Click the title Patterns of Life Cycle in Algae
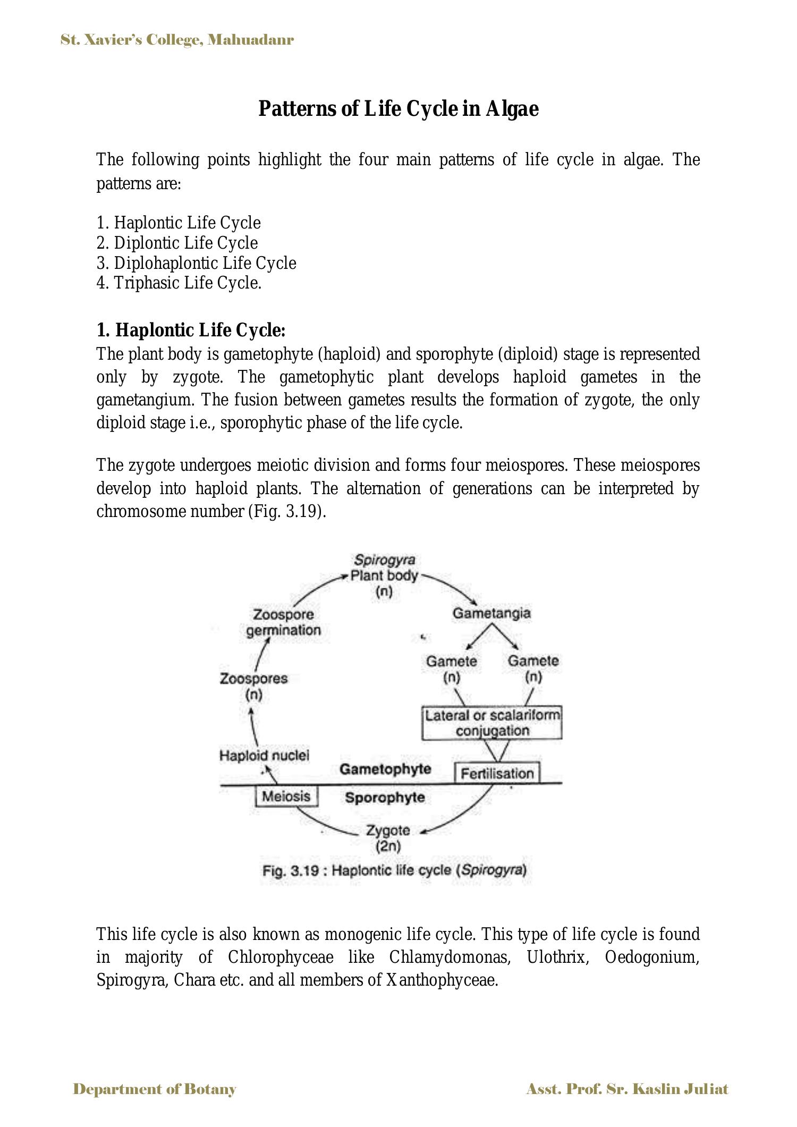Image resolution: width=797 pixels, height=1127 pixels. [398, 109]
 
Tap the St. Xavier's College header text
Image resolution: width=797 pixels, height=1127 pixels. [177, 40]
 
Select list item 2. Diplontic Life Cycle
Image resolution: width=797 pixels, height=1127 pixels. [177, 243]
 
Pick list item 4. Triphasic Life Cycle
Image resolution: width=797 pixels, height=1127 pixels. [179, 283]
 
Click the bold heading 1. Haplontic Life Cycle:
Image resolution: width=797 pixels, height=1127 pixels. [191, 331]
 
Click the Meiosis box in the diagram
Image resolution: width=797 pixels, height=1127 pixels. [286, 796]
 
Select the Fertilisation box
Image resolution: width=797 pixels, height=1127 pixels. [497, 773]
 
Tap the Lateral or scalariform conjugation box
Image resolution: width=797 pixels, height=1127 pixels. [492, 723]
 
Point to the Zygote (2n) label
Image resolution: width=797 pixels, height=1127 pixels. [388, 838]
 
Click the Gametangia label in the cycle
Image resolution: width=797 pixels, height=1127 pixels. [491, 613]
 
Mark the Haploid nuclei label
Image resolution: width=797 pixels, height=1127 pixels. [264, 755]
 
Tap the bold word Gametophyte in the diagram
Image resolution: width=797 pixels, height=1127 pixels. [385, 769]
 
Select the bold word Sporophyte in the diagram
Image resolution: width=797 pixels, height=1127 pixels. [385, 798]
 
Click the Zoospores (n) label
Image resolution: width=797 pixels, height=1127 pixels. [253, 686]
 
